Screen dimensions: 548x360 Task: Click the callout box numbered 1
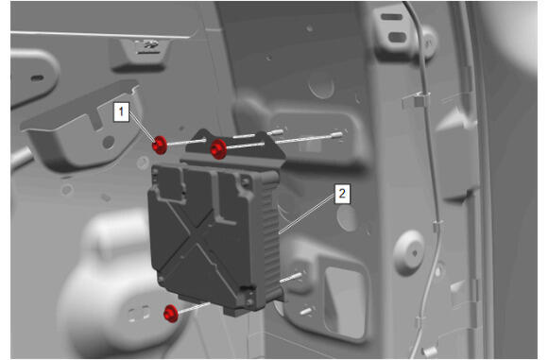pyautogui.click(x=121, y=111)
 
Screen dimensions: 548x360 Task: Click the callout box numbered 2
pyautogui.click(x=342, y=194)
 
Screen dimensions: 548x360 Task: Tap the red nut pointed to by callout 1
pyautogui.click(x=160, y=145)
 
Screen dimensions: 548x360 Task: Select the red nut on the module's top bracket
pyautogui.click(x=218, y=149)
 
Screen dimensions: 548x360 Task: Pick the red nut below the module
pyautogui.click(x=171, y=314)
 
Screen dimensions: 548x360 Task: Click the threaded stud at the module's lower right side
pyautogui.click(x=290, y=278)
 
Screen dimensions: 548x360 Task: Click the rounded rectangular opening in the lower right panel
pyautogui.click(x=345, y=301)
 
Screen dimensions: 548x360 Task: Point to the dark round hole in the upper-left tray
pyautogui.click(x=109, y=143)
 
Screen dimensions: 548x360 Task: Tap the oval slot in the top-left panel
pyautogui.click(x=37, y=77)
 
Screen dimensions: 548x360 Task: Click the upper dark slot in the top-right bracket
pyautogui.click(x=391, y=17)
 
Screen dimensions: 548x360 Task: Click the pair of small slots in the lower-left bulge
pyautogui.click(x=139, y=313)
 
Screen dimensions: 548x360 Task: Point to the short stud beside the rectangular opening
pyautogui.click(x=305, y=311)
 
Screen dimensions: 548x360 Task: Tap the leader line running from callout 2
pyautogui.click(x=307, y=214)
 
